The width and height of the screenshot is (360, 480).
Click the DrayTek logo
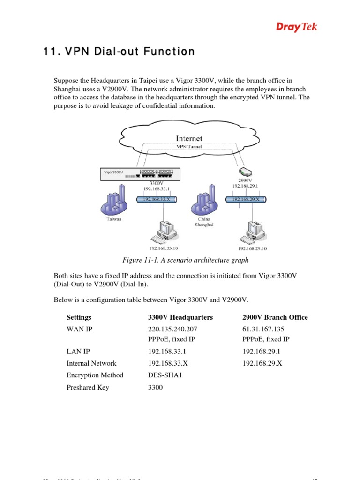(x=296, y=27)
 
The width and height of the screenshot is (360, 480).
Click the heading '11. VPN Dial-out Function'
(x=117, y=51)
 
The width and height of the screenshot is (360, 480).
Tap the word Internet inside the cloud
(x=189, y=138)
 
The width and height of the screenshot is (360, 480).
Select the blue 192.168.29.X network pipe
(x=247, y=199)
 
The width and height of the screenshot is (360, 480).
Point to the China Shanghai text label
(x=204, y=222)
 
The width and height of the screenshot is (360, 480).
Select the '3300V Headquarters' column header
(x=180, y=317)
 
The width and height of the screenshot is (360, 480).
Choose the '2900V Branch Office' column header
(x=275, y=317)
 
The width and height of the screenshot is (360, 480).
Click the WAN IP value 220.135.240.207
(x=172, y=329)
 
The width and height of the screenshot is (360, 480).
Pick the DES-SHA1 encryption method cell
(x=168, y=375)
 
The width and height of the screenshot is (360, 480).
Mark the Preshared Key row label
(x=88, y=388)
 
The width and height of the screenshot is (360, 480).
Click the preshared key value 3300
(x=156, y=388)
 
